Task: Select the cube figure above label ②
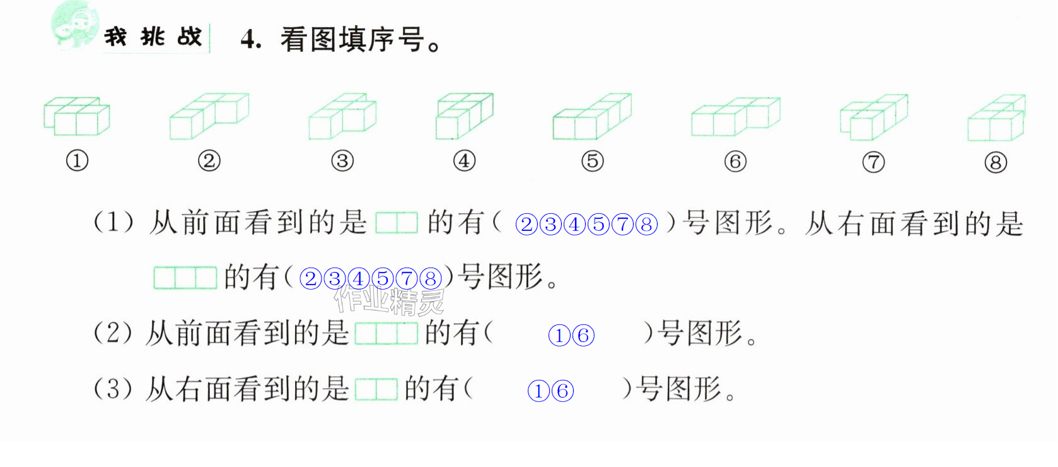pyautogui.click(x=209, y=116)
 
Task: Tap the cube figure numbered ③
pyautogui.click(x=342, y=116)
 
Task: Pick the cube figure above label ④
pyautogui.click(x=464, y=116)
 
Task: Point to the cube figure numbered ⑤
pyautogui.click(x=592, y=116)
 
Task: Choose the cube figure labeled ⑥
pyautogui.click(x=735, y=116)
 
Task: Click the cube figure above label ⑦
pyautogui.click(x=874, y=117)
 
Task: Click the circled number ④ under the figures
pyautogui.click(x=464, y=161)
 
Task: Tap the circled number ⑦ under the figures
pyautogui.click(x=873, y=162)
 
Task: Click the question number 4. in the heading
pyautogui.click(x=251, y=40)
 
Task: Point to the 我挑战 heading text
pyautogui.click(x=153, y=37)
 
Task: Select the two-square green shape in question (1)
pyautogui.click(x=397, y=223)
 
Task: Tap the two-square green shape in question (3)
pyautogui.click(x=376, y=389)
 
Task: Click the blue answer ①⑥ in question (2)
pyautogui.click(x=571, y=336)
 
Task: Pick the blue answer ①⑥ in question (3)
pyautogui.click(x=550, y=391)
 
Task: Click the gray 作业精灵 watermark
pyautogui.click(x=389, y=300)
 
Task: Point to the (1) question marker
pyautogui.click(x=114, y=222)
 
